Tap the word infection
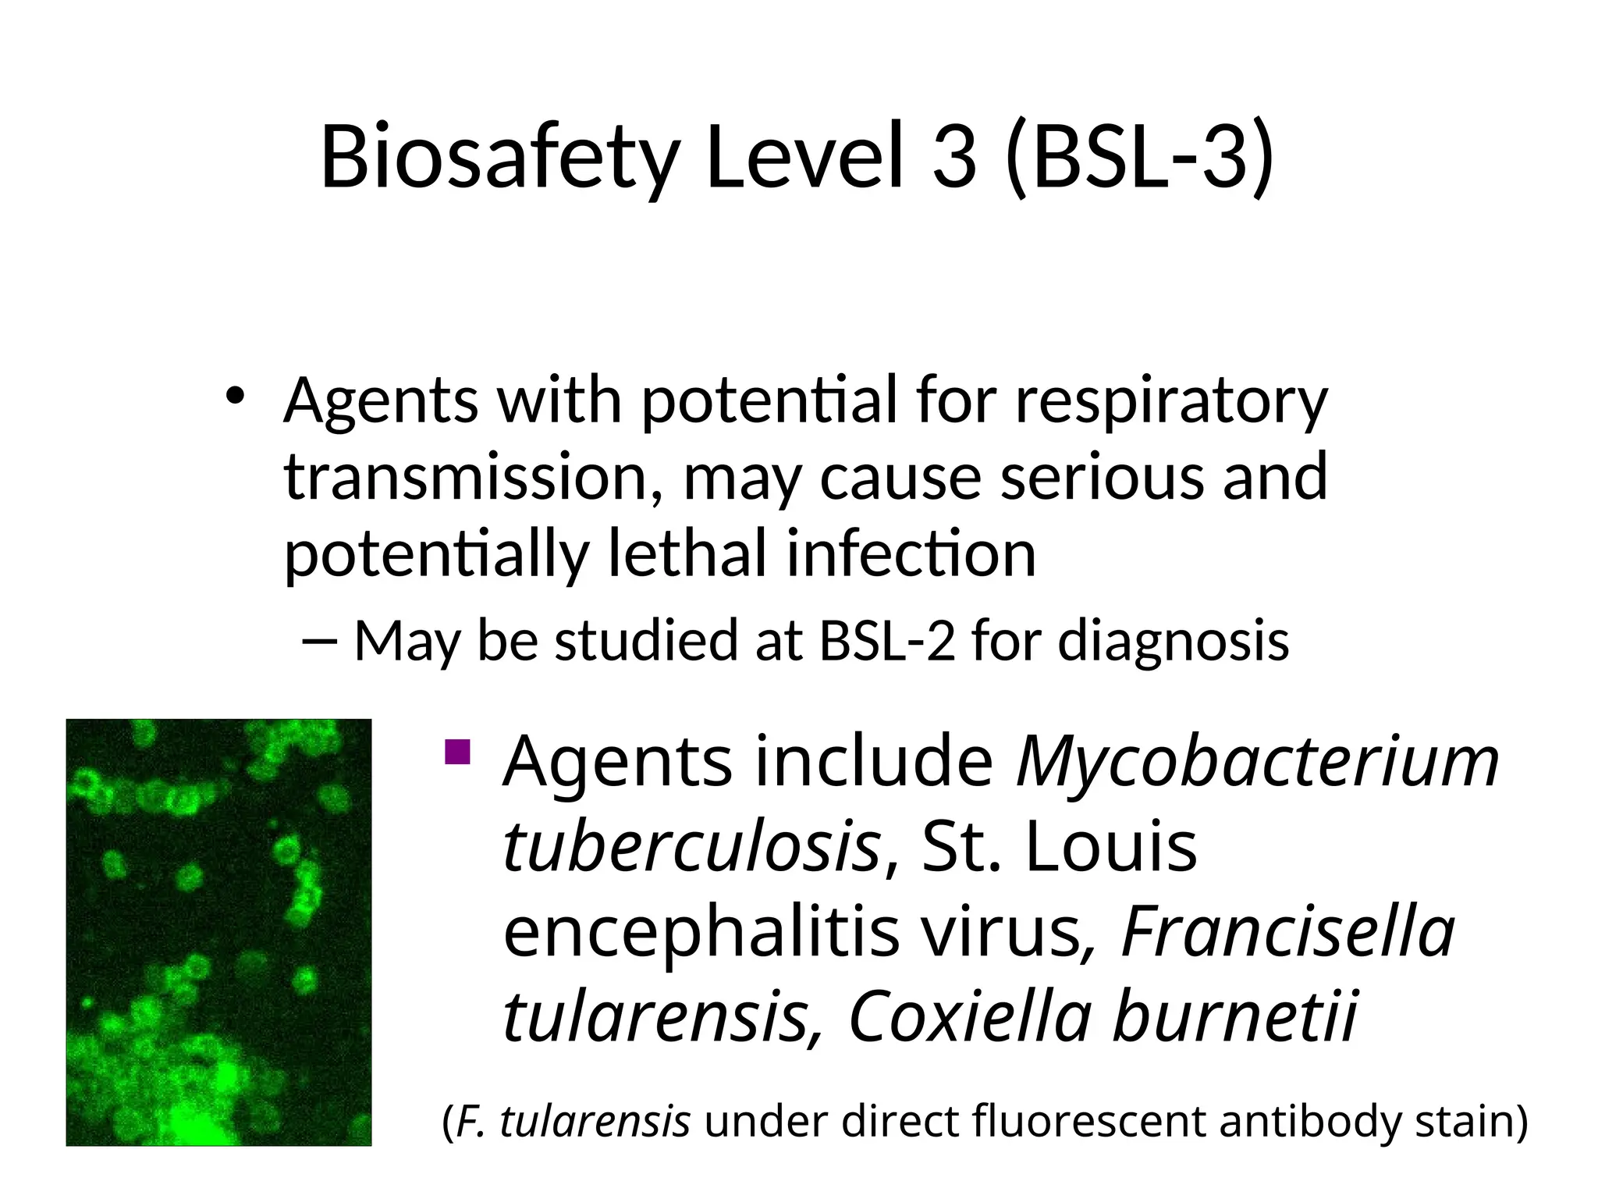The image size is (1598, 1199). [x=911, y=553]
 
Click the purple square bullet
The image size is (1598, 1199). [x=456, y=752]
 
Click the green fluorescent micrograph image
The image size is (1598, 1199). [x=218, y=932]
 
